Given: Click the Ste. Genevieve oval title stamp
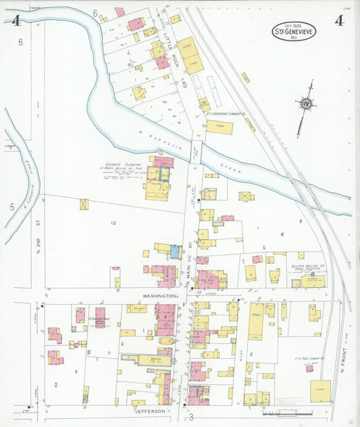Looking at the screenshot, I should pyautogui.click(x=294, y=31).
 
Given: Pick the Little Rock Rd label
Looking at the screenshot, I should pyautogui.click(x=174, y=57).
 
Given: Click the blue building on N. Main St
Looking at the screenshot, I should pyautogui.click(x=176, y=251).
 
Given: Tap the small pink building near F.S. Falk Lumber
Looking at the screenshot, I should pyautogui.click(x=309, y=368).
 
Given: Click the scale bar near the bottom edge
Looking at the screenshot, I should pyautogui.click(x=287, y=413).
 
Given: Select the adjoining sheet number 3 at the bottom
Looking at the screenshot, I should pyautogui.click(x=191, y=418).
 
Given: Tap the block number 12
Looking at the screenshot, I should pyautogui.click(x=114, y=222).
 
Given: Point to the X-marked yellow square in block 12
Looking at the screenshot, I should pyautogui.click(x=84, y=204).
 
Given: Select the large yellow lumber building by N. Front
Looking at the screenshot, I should pyautogui.click(x=320, y=391).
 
